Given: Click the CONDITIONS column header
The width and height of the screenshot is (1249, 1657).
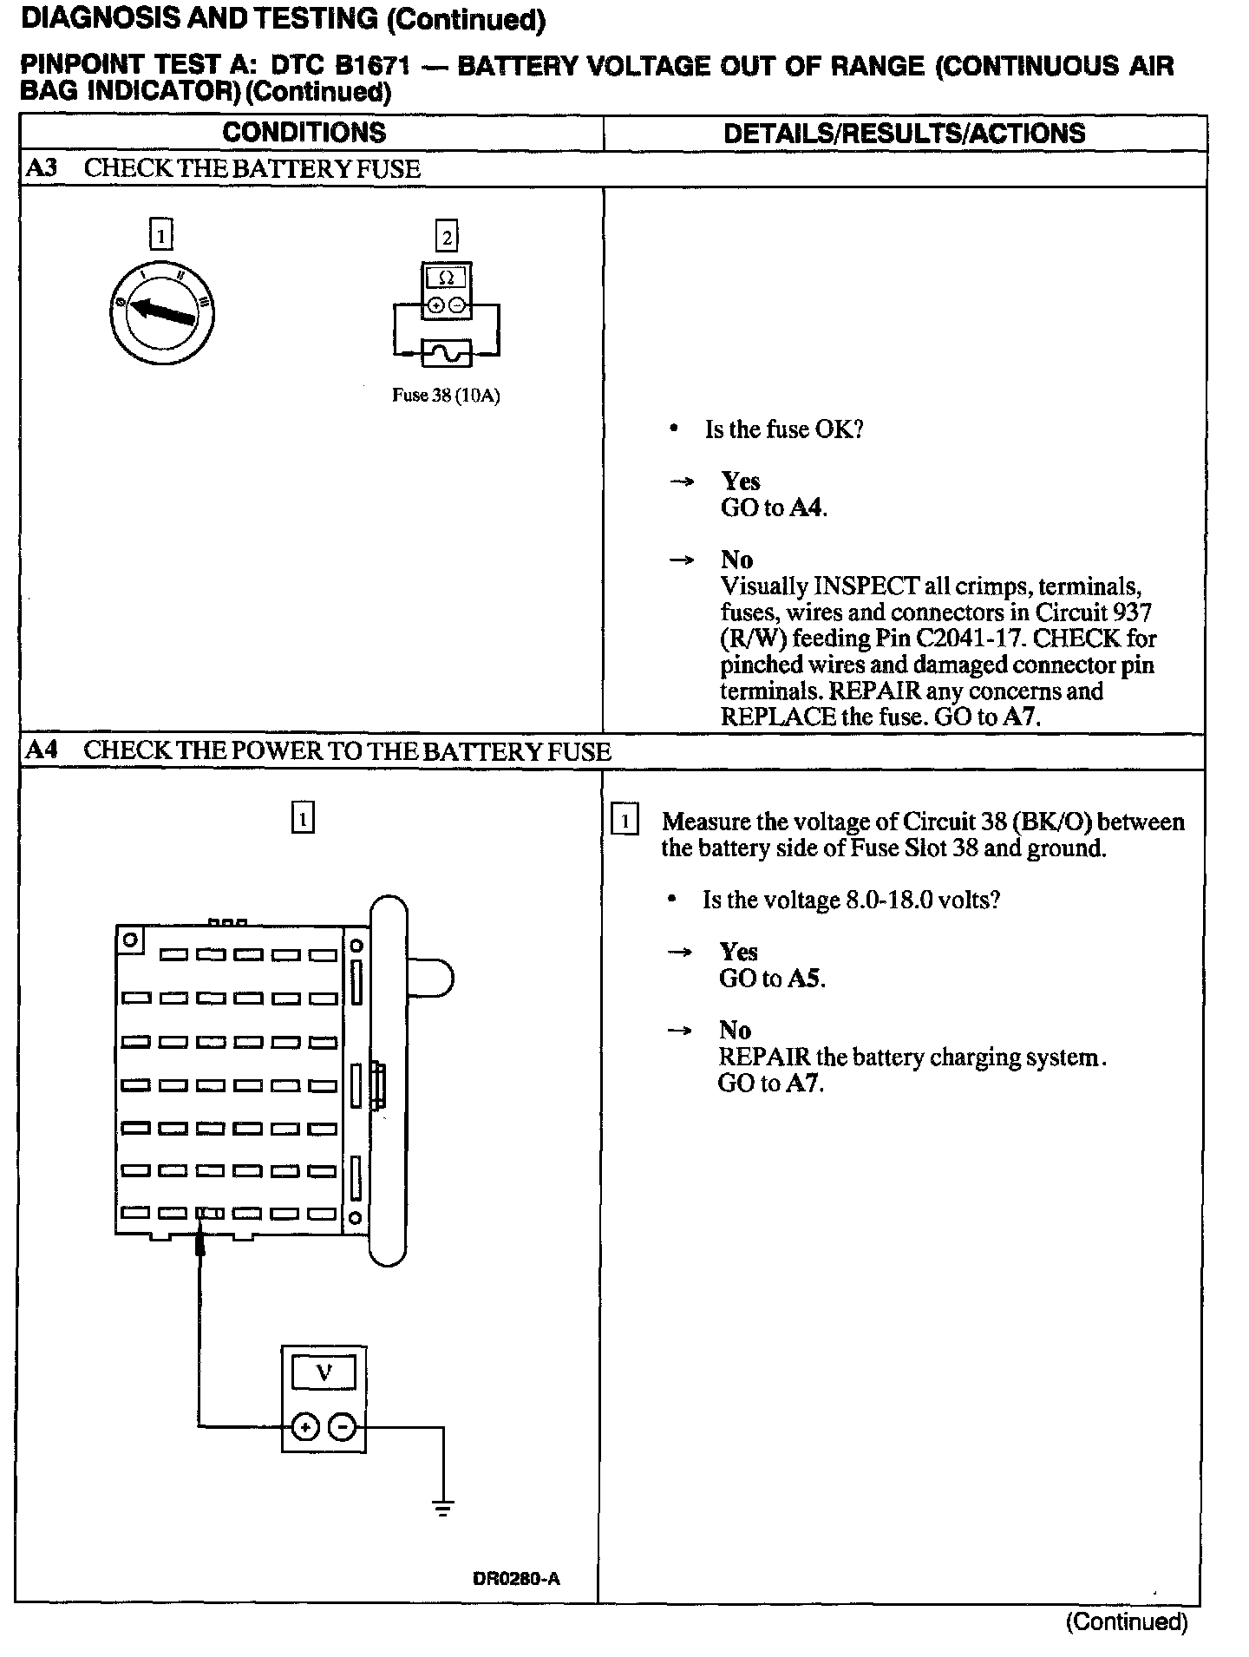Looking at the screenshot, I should coord(304,133).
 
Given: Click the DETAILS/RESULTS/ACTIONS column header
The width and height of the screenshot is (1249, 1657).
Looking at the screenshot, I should coord(904,133).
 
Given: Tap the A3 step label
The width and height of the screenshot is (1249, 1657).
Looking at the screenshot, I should coord(41,168).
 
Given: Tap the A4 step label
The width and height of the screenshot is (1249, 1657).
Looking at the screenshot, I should coord(41,750).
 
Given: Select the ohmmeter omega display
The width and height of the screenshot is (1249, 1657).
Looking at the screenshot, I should coord(446,278).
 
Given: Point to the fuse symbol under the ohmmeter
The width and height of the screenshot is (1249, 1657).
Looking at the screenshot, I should coord(446,353).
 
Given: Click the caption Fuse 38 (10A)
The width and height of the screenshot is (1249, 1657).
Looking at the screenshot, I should coord(446,396).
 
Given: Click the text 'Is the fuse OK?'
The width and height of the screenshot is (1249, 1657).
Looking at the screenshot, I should coord(783,429).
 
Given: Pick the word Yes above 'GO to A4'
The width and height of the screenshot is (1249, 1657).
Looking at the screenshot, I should coord(740,481).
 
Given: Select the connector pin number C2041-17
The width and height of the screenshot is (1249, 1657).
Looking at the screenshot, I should coord(977,639).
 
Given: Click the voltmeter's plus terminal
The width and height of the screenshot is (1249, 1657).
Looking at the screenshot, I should coord(304,1426).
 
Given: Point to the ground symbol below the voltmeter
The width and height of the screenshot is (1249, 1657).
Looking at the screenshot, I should coord(443,1510).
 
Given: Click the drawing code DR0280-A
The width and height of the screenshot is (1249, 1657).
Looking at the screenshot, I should coord(516,1579).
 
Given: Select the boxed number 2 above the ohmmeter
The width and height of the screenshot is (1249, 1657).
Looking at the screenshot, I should coord(447,237).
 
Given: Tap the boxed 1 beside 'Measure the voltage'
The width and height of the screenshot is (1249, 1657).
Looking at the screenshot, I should coord(624,820).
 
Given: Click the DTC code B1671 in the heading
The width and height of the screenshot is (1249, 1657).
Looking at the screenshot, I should coord(372,66).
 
